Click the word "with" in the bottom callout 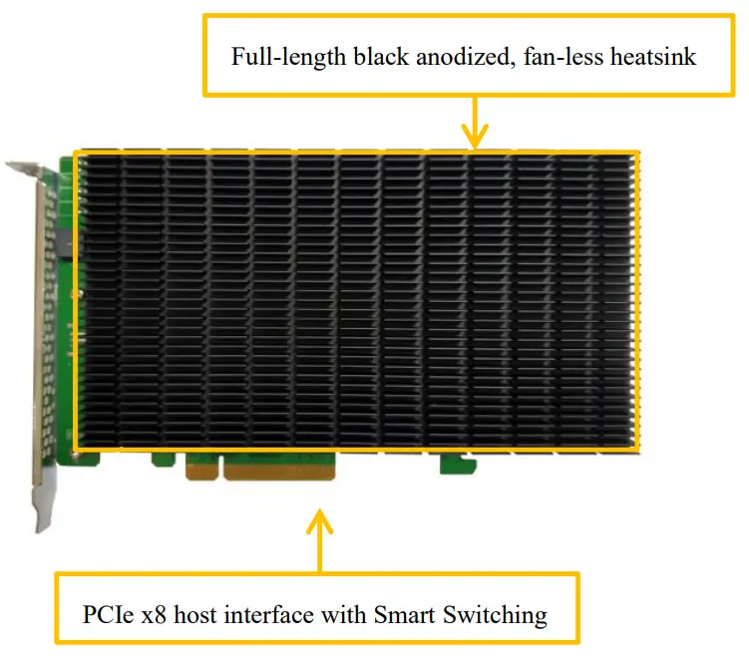(342, 614)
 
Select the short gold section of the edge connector (202, 466)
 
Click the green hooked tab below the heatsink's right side (453, 464)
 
